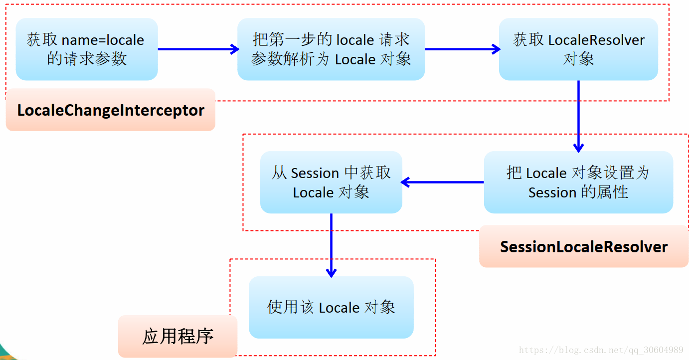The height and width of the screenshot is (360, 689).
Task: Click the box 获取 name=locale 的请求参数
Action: [87, 49]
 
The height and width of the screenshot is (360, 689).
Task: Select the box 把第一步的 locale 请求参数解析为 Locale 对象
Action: [331, 49]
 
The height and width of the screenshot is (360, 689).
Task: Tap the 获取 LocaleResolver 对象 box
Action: [578, 49]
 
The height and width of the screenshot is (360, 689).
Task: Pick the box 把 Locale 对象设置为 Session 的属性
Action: [578, 182]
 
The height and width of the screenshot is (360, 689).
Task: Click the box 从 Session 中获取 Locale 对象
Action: [331, 182]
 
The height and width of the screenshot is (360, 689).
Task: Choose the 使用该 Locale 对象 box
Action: [331, 307]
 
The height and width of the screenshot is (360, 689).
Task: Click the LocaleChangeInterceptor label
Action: [111, 110]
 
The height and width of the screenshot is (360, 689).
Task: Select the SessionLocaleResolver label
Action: [584, 247]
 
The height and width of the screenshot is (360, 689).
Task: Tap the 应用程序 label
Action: [178, 336]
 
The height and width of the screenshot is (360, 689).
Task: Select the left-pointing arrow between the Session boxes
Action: [443, 182]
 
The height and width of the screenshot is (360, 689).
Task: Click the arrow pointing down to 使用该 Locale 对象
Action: [331, 244]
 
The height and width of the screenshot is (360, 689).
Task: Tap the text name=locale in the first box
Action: [103, 40]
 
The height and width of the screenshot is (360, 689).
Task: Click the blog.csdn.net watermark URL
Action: [601, 350]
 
